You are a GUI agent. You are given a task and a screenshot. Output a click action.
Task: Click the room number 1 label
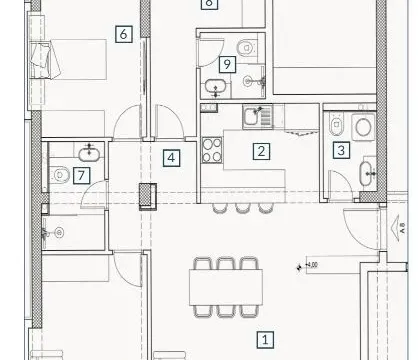pos(265,340)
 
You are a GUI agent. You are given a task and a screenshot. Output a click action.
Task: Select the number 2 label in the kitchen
pos(262,152)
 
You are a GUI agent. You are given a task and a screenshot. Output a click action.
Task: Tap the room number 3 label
pos(341,150)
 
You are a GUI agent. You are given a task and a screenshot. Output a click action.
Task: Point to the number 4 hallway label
pos(173,157)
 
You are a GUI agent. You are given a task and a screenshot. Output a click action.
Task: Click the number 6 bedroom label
pos(123,34)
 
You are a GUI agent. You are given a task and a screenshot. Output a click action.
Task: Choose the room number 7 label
pos(80,174)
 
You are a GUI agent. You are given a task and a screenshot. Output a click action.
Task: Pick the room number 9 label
pos(227,64)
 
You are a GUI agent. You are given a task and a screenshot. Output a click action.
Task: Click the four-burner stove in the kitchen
pos(213,151)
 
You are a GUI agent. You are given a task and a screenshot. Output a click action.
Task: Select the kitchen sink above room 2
pos(255,118)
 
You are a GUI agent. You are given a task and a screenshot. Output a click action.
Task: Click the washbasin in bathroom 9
pos(217,89)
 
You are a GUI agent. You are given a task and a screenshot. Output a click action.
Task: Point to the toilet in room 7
pos(58,174)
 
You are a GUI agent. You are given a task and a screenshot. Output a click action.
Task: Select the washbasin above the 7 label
pos(90,150)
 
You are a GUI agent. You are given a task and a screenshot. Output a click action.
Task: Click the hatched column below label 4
pos(148,194)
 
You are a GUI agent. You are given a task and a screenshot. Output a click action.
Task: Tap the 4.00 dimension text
pos(310,265)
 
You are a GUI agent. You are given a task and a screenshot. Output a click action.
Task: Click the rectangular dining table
pos(226,290)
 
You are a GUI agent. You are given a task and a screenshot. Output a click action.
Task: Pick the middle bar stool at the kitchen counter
pos(241,207)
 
